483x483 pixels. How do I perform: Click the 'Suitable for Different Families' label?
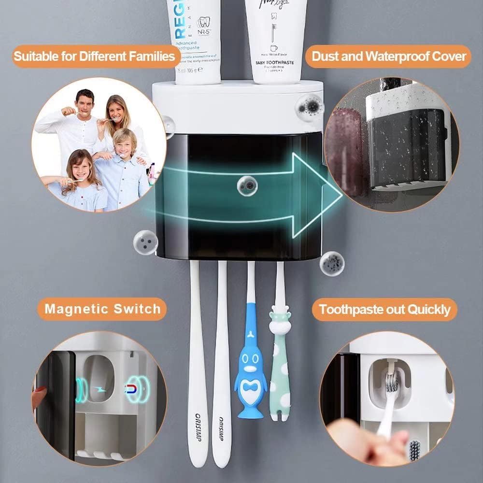94,57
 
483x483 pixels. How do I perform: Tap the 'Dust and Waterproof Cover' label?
389,57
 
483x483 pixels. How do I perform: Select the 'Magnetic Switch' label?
102,309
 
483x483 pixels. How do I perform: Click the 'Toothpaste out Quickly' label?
384,309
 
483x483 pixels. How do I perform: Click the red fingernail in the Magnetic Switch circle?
41,389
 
